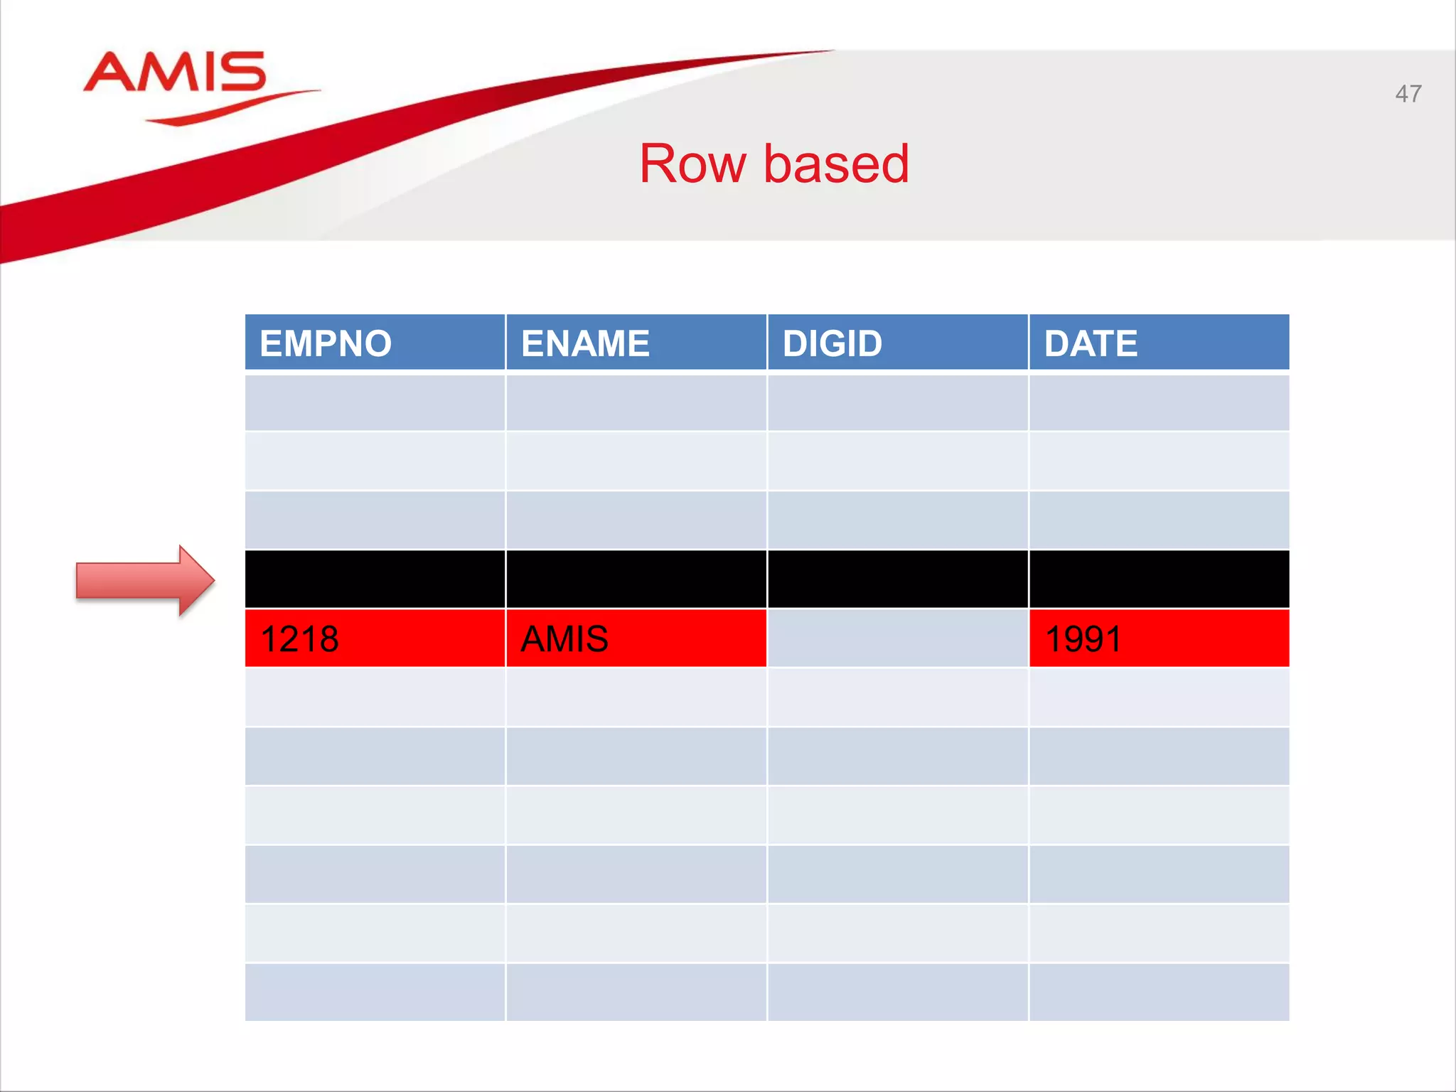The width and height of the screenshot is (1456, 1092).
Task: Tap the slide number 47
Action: tap(1408, 94)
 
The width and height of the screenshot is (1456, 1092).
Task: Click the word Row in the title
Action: tap(692, 164)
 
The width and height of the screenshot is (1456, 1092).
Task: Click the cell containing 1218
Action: tap(375, 638)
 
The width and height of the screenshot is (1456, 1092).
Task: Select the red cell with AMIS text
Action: tap(636, 638)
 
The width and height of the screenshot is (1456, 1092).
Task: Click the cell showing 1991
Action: tap(1159, 638)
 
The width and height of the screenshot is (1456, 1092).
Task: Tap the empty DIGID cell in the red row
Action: tap(897, 638)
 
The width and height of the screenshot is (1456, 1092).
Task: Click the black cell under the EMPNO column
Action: tap(375, 579)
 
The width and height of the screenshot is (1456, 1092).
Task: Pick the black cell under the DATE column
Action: tap(1159, 579)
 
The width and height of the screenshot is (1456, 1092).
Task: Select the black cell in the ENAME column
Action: tap(636, 579)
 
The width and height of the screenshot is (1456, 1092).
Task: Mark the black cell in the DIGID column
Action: tap(897, 579)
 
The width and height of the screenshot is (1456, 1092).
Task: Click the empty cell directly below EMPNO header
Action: tap(375, 402)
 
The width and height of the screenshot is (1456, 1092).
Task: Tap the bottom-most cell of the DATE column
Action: tap(1159, 992)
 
